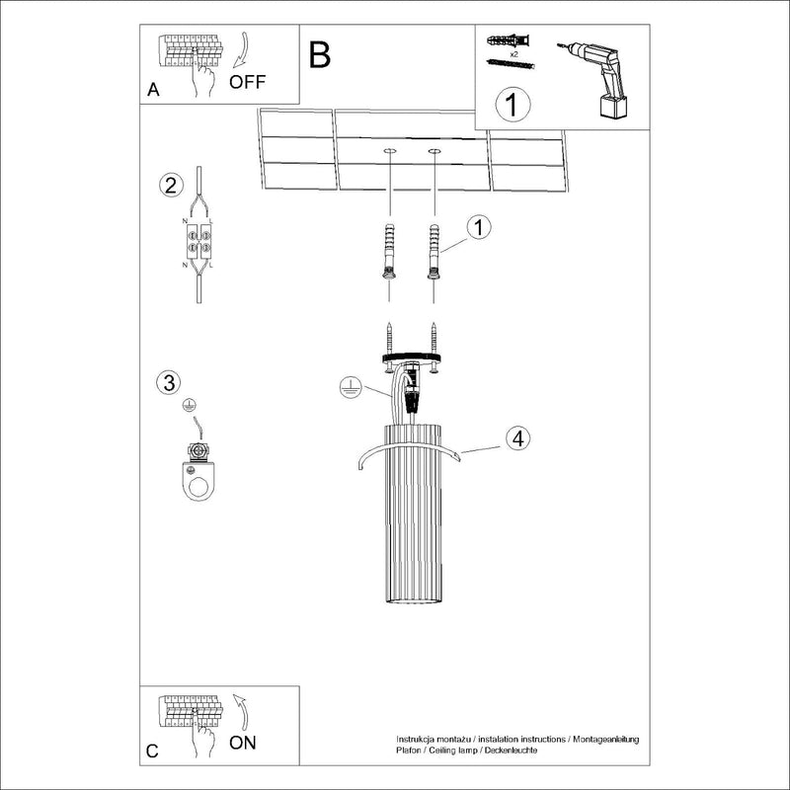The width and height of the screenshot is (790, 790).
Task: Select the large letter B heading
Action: (319, 55)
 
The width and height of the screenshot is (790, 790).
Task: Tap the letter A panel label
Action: (152, 90)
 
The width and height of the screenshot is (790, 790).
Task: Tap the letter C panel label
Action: (152, 751)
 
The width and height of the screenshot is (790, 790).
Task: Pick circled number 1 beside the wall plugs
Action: (477, 228)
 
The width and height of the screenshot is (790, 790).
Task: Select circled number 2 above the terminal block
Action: (171, 185)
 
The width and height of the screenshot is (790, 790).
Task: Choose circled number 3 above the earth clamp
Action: (170, 382)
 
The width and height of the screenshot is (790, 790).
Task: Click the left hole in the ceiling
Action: (390, 151)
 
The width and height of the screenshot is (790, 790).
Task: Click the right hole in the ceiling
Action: (434, 151)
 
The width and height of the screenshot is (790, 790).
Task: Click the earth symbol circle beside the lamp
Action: (347, 387)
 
